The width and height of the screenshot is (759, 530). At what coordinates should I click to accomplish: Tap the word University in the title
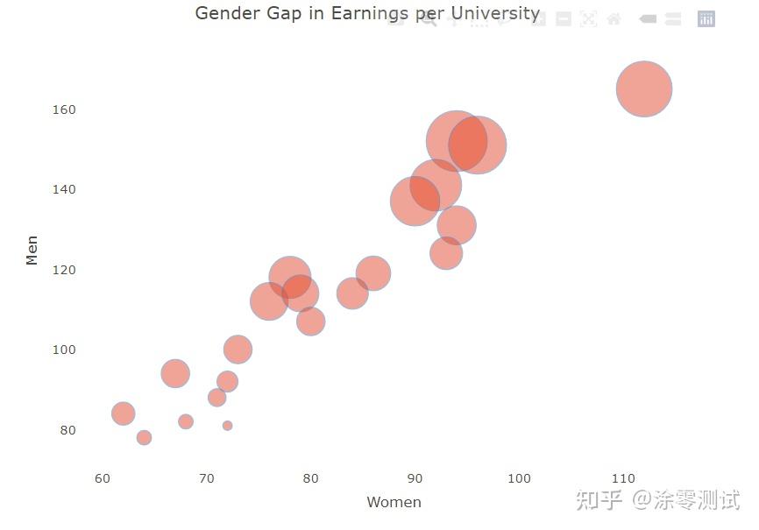click(495, 13)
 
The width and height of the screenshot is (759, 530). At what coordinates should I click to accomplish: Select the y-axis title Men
click(32, 250)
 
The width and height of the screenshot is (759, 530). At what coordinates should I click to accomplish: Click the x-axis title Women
click(394, 502)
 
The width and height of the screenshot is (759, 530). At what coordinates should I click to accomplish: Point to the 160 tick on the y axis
click(64, 110)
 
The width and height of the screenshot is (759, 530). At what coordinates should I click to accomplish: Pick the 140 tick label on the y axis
click(64, 189)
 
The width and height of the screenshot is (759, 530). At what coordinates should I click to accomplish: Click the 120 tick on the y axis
click(64, 270)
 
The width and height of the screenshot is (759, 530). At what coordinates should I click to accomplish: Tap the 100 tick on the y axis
click(64, 350)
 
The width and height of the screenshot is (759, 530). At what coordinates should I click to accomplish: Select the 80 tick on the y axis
click(67, 430)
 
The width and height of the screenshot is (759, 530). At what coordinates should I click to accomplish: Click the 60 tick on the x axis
click(103, 478)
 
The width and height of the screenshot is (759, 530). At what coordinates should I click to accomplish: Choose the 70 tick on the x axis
click(207, 478)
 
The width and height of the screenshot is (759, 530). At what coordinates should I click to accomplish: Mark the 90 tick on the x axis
click(415, 478)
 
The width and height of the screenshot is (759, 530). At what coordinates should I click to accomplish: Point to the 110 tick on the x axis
click(623, 478)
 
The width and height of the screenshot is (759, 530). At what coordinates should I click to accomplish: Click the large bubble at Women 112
click(644, 88)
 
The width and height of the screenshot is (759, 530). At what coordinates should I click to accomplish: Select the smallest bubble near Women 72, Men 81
click(227, 426)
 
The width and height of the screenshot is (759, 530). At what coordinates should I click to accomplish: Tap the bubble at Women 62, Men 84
click(124, 413)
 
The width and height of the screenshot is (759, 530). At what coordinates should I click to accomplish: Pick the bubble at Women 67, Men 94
click(175, 373)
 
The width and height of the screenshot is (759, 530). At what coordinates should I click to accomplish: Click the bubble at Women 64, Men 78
click(144, 437)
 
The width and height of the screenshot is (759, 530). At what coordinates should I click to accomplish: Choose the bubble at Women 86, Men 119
click(373, 273)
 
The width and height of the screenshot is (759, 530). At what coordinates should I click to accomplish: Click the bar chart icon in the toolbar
click(706, 19)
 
